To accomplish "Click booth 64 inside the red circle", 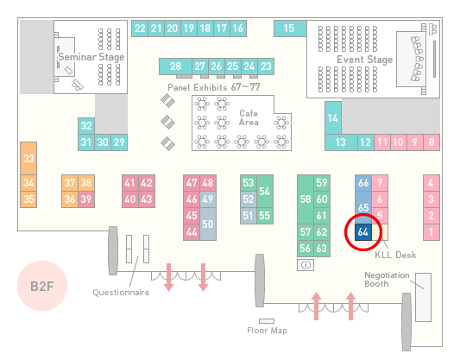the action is point(363,232).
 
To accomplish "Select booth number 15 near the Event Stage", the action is point(290,28).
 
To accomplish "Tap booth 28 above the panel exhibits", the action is point(175,66).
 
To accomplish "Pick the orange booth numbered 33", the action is point(28,159).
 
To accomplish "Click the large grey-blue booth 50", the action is point(208,224).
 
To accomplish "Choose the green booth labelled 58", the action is point(306,199).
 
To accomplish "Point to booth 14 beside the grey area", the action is point(333,118).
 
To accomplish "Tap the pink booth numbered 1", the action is point(432,232).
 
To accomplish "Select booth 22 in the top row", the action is point(140,28).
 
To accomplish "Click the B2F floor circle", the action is point(42,286).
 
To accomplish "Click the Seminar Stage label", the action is point(91,57).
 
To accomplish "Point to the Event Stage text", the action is point(365,60).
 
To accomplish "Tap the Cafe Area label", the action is point(249,117).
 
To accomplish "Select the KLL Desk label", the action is point(395,255).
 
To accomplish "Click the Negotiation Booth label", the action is point(387,280).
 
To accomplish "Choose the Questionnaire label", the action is point(121,292).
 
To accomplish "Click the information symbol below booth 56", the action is point(306,265).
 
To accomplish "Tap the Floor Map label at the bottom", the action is point(267,331).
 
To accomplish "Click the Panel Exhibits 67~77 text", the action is point(214,87).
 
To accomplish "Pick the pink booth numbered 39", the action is point(86,199).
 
